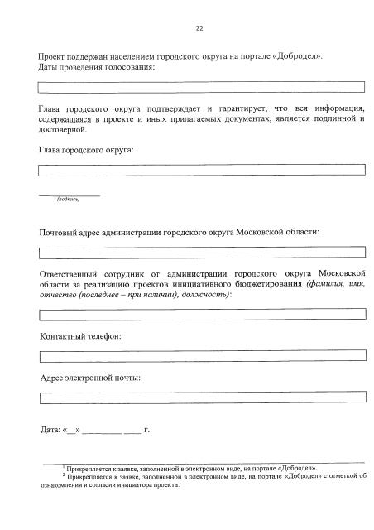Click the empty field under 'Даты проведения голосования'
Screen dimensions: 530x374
[x=202, y=86]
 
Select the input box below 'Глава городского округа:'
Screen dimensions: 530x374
[x=202, y=169]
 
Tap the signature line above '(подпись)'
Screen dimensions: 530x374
[x=69, y=195]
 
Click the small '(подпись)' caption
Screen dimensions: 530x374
[x=68, y=200]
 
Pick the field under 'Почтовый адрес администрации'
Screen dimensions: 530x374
[x=202, y=252]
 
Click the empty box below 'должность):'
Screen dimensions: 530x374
[x=202, y=314]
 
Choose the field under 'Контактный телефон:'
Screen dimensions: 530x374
[x=202, y=355]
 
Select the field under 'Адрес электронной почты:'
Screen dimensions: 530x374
[x=202, y=397]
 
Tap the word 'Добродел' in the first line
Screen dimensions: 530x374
[x=292, y=55]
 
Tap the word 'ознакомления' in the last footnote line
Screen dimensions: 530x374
[x=63, y=486]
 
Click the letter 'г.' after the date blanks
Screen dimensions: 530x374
[x=146, y=431]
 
